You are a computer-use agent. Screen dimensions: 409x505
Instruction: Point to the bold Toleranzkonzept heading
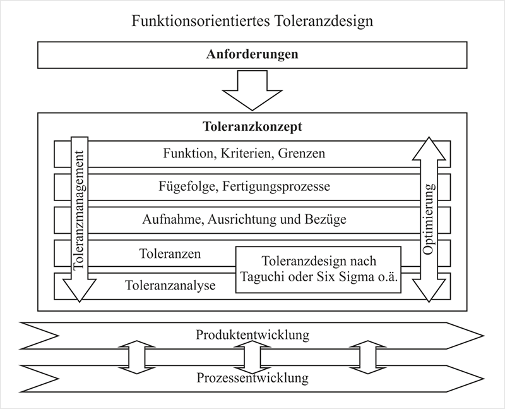[252, 126]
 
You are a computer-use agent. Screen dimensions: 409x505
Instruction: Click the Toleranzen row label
[170, 254]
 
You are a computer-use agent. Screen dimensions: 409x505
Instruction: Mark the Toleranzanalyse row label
[170, 286]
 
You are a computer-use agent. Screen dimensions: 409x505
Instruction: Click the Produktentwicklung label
[252, 334]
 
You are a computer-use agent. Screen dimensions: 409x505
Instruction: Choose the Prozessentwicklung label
[252, 379]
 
